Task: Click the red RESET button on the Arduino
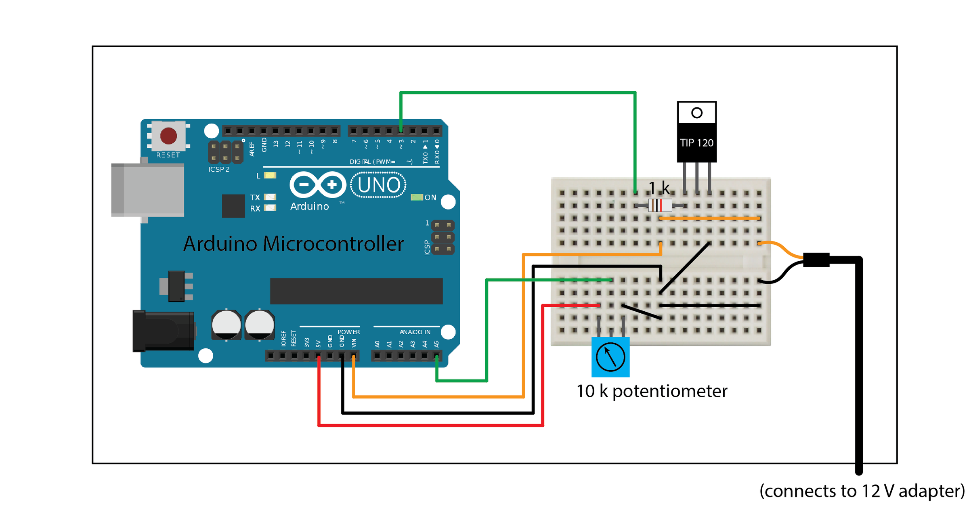tap(168, 136)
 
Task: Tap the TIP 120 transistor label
tap(696, 143)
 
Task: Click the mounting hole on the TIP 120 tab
tap(696, 113)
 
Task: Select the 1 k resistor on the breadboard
tap(660, 205)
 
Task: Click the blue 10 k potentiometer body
tap(610, 357)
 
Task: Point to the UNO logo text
tap(378, 185)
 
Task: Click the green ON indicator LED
tap(416, 197)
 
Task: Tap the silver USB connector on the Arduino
tap(148, 190)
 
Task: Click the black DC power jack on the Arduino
tap(164, 331)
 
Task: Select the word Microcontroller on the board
tap(333, 244)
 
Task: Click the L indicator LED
tap(270, 176)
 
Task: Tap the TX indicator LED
tap(270, 197)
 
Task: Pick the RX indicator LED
tap(270, 208)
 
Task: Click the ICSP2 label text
tap(219, 170)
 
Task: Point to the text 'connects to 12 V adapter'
tap(862, 491)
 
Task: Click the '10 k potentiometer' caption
tap(652, 391)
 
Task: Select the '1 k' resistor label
tap(659, 188)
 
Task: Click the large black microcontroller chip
tap(356, 291)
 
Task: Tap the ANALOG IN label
tap(415, 332)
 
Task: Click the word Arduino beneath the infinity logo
tap(309, 206)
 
